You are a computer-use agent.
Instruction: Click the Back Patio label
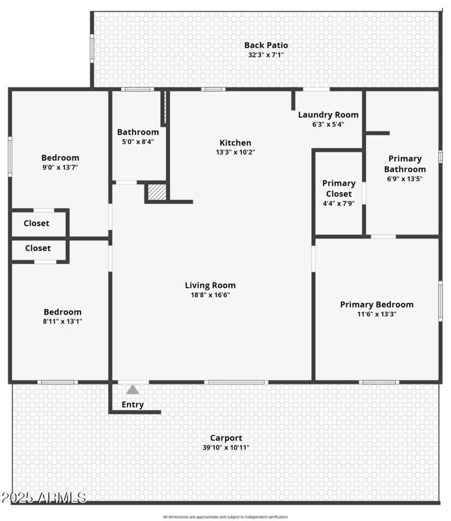tap(266, 45)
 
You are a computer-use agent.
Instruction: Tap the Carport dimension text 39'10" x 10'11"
tap(226, 448)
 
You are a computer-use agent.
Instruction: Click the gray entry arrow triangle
tap(132, 389)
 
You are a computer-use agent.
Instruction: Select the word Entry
tap(132, 404)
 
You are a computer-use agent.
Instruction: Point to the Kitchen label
tap(235, 143)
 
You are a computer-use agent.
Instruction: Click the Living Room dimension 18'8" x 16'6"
tap(210, 295)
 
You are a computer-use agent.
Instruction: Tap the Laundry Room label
tap(328, 114)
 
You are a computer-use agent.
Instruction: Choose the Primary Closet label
tap(339, 188)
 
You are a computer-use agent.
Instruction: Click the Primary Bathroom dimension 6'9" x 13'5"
tap(404, 178)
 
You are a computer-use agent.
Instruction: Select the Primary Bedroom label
tap(377, 304)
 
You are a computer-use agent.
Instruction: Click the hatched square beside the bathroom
tap(156, 192)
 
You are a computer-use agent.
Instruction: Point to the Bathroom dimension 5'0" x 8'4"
tap(138, 142)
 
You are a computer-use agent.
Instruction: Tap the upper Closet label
tap(36, 223)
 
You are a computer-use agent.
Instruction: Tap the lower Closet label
tap(38, 248)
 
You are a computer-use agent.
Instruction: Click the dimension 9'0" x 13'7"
tap(60, 167)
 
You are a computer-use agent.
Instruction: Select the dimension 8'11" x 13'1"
tap(62, 322)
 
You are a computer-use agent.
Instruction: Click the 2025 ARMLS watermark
tap(43, 498)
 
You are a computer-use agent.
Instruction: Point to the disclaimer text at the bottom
tap(225, 517)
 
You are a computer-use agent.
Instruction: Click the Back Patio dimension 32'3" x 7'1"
tap(266, 55)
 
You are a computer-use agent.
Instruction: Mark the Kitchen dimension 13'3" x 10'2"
tap(235, 152)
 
